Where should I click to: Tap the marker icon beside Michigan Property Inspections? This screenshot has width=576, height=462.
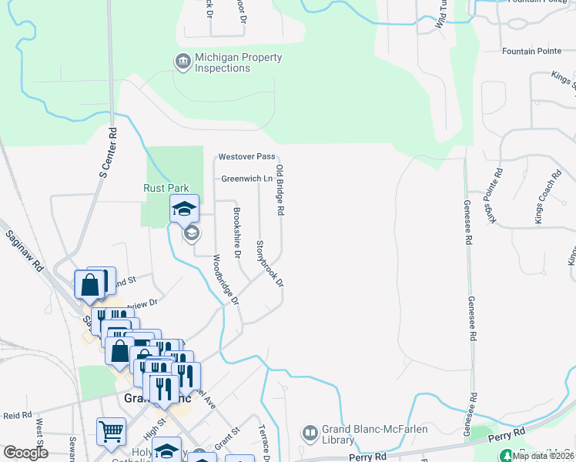click(183, 61)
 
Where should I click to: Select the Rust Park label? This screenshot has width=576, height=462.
click(166, 188)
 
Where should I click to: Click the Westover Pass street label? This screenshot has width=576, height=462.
click(246, 156)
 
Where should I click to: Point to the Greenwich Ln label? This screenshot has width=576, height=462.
click(247, 178)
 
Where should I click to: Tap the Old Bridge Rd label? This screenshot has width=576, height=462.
click(280, 189)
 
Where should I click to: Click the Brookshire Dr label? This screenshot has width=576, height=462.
click(238, 233)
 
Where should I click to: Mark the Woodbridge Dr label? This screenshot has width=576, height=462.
click(226, 280)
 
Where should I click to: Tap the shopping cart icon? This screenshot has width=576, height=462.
click(111, 434)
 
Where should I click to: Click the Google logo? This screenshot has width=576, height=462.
click(26, 453)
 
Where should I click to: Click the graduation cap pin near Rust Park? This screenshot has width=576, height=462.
click(185, 209)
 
